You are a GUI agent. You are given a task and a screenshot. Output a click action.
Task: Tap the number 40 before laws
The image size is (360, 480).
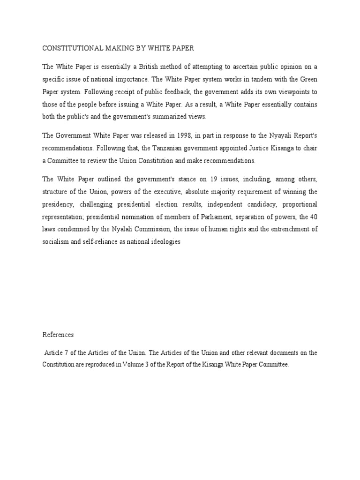[313, 217]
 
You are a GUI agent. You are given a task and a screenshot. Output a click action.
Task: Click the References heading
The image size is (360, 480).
[58, 335]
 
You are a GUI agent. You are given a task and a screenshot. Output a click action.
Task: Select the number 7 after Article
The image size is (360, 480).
[65, 352]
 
